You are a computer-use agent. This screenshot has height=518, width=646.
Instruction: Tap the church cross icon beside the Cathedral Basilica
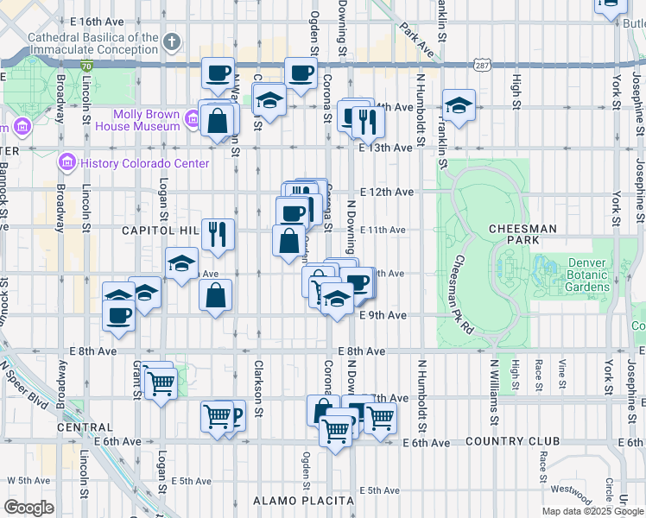[172, 41]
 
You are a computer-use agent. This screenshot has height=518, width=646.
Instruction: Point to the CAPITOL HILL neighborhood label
[161, 231]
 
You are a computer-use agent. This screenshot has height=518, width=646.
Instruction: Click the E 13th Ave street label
[386, 148]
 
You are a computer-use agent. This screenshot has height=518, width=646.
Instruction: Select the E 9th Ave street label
[383, 315]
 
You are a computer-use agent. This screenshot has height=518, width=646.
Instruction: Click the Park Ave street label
[416, 36]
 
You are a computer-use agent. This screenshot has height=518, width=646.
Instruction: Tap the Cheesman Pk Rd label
[463, 294]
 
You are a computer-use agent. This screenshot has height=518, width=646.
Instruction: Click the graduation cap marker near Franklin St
[459, 107]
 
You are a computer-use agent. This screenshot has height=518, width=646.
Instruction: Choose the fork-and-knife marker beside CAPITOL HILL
[218, 234]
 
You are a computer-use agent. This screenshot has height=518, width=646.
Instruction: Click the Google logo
[28, 508]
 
